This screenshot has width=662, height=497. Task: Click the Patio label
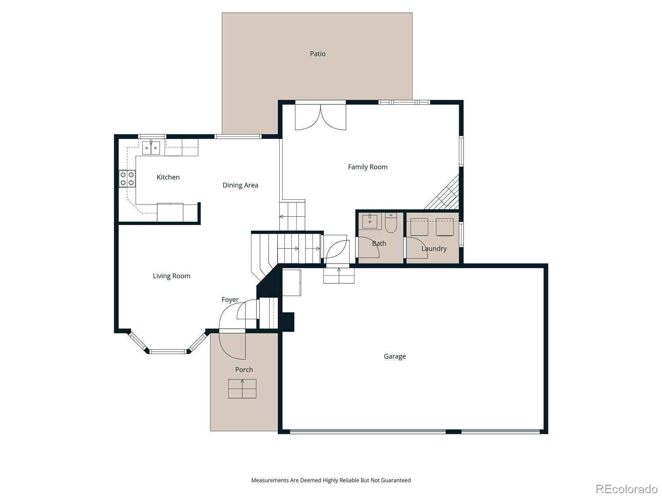click(x=318, y=54)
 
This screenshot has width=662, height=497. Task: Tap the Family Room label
click(x=368, y=167)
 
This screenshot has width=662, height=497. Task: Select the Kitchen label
click(x=168, y=177)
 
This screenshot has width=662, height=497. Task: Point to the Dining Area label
click(x=240, y=185)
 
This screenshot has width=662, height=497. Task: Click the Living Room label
click(x=172, y=276)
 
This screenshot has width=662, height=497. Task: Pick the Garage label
click(x=395, y=356)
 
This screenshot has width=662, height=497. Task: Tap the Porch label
click(x=244, y=370)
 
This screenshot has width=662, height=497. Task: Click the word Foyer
click(x=230, y=299)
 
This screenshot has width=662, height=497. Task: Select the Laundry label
click(x=434, y=248)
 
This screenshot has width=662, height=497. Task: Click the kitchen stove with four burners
click(x=127, y=179)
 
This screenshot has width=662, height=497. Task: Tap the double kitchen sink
click(x=151, y=147)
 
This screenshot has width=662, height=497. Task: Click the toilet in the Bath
click(x=391, y=223)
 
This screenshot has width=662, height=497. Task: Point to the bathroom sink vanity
click(x=370, y=222)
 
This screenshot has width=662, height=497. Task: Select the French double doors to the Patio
click(x=320, y=117)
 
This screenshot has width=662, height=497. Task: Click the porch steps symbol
click(x=242, y=388)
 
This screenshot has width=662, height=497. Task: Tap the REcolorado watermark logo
click(x=626, y=488)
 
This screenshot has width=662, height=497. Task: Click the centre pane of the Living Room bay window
click(x=168, y=351)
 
